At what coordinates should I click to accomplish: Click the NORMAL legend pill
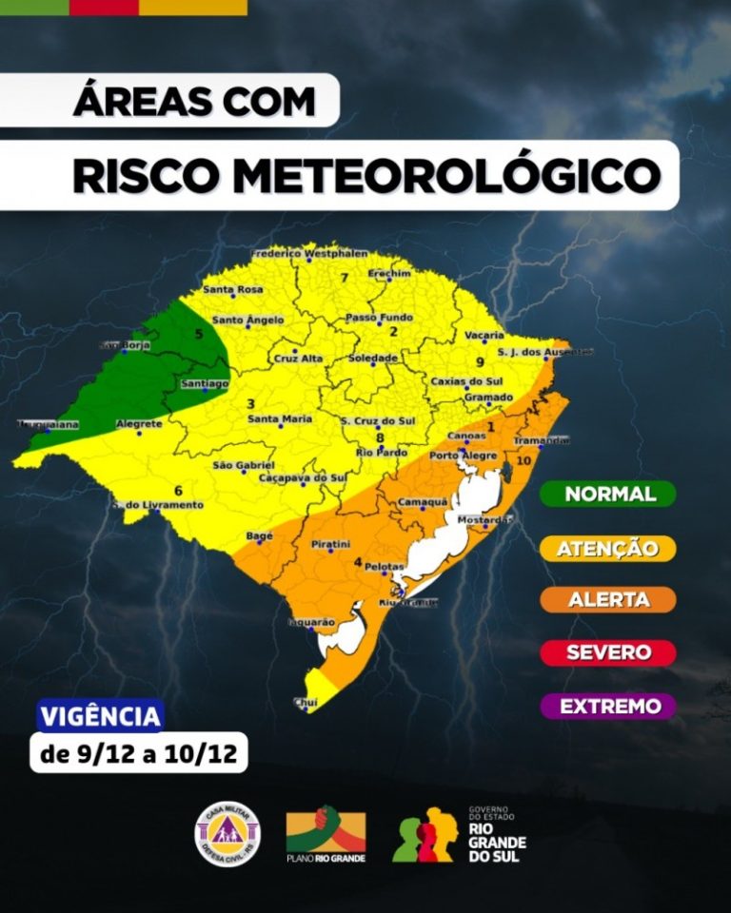[x=609, y=494]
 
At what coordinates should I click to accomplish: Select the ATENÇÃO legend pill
[x=609, y=548]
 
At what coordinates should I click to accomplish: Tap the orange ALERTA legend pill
[x=609, y=600]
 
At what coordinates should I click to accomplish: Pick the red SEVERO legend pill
[x=609, y=652]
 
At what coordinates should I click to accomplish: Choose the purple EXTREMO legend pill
[x=609, y=707]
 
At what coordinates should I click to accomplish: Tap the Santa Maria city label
[x=279, y=418]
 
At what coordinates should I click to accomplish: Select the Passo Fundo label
[x=379, y=317]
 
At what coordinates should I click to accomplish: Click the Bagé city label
[x=259, y=536]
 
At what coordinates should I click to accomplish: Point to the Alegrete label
[x=138, y=424]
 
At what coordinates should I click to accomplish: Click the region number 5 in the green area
[x=199, y=334]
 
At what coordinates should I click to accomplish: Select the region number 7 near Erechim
[x=344, y=278]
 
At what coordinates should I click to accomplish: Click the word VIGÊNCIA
[x=100, y=716]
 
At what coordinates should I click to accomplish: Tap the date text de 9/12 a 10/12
[x=139, y=756]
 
